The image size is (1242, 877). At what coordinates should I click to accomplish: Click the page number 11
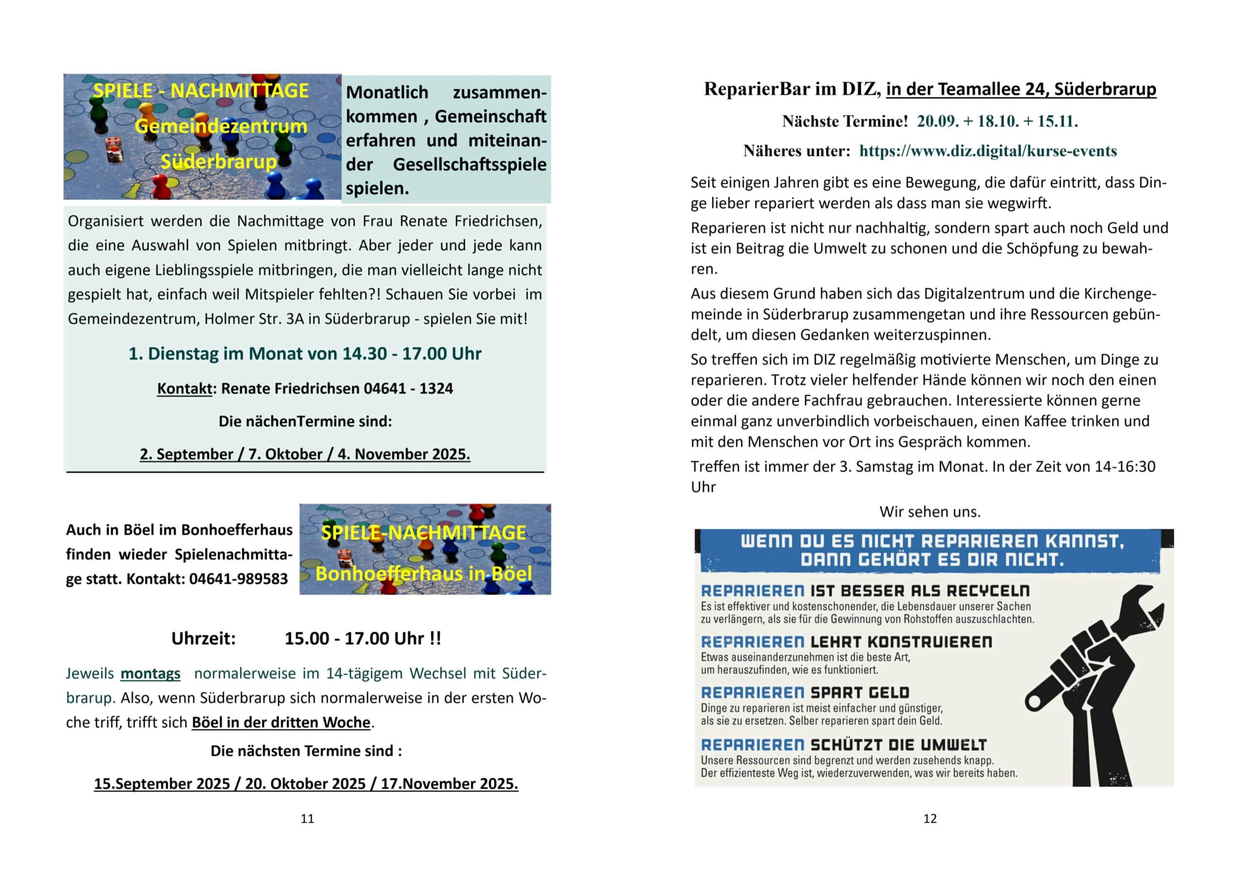tap(307, 819)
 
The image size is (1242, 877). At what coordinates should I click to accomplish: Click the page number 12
tap(930, 819)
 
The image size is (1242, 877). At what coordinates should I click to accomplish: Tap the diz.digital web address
tap(988, 151)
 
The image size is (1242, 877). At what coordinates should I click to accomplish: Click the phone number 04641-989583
tap(239, 579)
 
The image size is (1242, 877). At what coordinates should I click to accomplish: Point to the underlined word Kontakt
tap(184, 389)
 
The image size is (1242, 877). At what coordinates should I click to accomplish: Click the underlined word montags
tap(150, 674)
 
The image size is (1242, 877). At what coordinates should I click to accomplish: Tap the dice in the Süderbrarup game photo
tap(114, 149)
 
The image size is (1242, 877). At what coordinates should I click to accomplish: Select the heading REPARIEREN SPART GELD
tap(805, 693)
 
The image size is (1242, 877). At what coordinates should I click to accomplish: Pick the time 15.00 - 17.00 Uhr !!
tap(363, 638)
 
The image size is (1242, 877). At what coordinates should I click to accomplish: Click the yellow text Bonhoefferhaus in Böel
tap(424, 574)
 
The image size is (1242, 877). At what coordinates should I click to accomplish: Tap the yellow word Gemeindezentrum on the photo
tap(221, 126)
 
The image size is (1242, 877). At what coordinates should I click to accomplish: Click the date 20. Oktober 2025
tap(305, 784)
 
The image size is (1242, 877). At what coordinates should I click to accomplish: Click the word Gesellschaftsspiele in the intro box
tap(470, 164)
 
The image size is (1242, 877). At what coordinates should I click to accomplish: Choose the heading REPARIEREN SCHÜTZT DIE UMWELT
tap(843, 745)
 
